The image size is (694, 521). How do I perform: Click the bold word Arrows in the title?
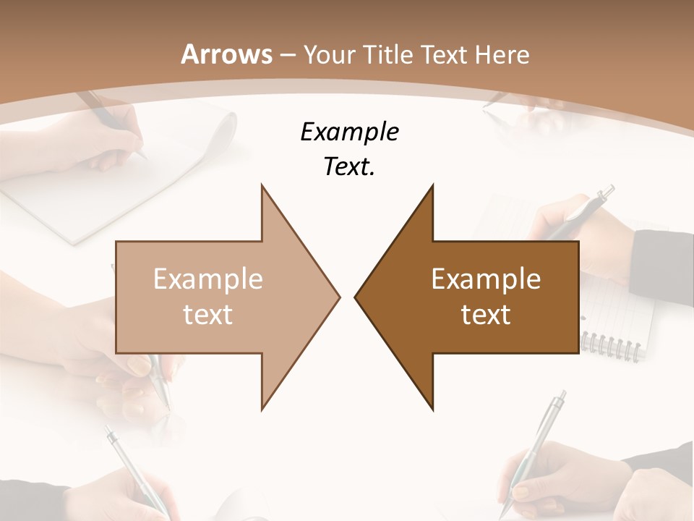(226, 54)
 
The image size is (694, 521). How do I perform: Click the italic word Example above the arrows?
(349, 132)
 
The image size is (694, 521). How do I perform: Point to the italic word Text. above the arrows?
(349, 167)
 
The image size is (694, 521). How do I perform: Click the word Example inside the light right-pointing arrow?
(208, 279)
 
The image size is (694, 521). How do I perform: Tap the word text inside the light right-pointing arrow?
(208, 315)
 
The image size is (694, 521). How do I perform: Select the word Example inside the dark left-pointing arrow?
(486, 279)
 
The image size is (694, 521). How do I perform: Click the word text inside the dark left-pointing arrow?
(486, 315)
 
